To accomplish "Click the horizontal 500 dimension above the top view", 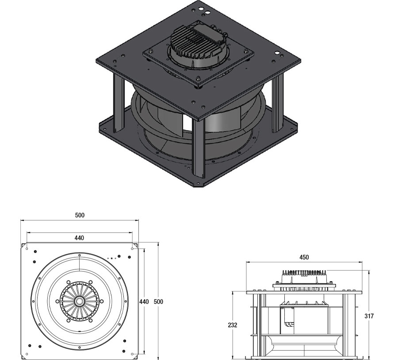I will (79, 215).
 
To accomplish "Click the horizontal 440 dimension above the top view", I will (79, 238).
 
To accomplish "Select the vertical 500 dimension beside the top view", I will (158, 301).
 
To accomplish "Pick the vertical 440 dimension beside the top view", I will (144, 301).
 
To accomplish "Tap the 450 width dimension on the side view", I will (304, 257).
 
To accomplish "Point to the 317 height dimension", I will (370, 316).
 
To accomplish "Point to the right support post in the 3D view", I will (277, 104).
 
